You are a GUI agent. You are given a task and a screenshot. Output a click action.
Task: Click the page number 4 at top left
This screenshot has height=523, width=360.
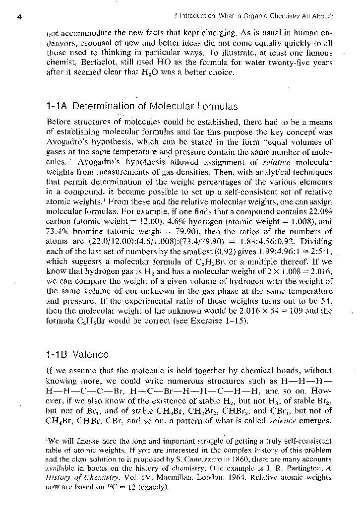point(18,16)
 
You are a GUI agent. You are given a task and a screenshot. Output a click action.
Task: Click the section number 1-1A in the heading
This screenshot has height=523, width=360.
point(60,106)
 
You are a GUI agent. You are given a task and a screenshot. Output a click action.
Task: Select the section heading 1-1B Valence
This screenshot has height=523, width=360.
point(77,355)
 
